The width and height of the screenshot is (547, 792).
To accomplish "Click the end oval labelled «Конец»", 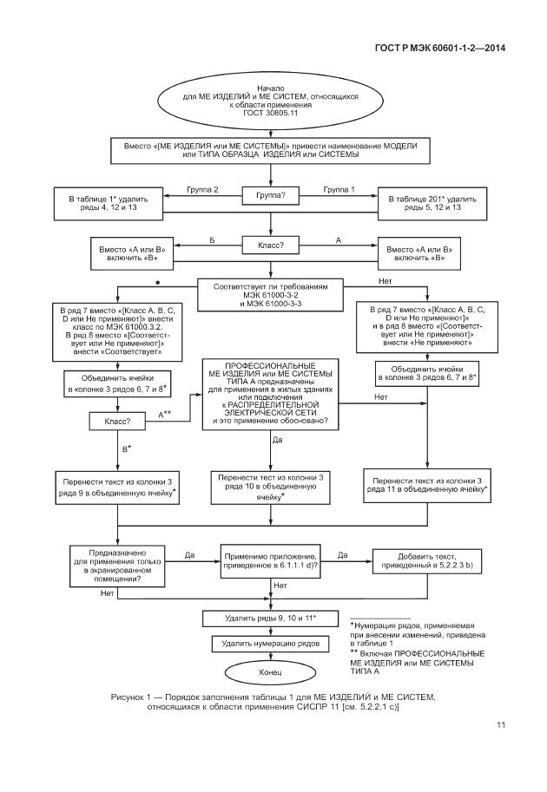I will [270, 671].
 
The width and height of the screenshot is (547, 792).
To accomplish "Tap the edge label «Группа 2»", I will [202, 189].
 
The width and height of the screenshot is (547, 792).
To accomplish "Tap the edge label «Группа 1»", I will [339, 189].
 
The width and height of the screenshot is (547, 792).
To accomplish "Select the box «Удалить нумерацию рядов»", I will [270, 644].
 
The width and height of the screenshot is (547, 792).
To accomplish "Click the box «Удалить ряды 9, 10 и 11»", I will [270, 618].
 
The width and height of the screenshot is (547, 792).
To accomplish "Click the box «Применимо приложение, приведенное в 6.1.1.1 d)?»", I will [270, 560].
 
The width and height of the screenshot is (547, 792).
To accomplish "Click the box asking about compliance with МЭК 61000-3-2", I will [270, 295].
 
